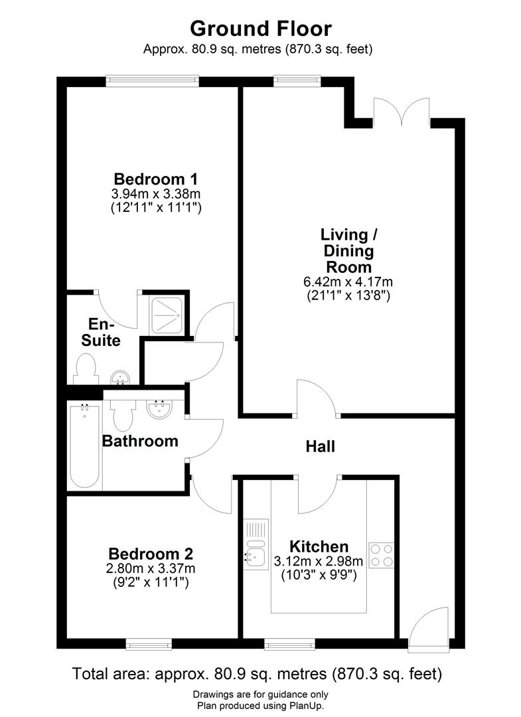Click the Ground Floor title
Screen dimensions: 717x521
[x=260, y=29]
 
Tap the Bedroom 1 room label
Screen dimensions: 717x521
[x=156, y=179]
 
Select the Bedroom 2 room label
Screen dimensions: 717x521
[x=151, y=554]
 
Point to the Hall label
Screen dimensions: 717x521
[x=320, y=447]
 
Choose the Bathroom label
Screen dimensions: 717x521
[x=139, y=441]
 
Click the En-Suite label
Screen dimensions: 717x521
[x=104, y=333]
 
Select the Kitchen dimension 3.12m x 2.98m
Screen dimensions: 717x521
[x=315, y=562]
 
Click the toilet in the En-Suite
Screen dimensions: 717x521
[x=86, y=369]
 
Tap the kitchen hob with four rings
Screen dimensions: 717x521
[x=381, y=556]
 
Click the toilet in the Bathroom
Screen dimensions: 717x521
[x=121, y=414]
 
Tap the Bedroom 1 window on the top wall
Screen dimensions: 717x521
[x=153, y=82]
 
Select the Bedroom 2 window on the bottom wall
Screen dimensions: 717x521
[x=149, y=643]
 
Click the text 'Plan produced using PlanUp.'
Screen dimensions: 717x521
[x=260, y=706]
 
